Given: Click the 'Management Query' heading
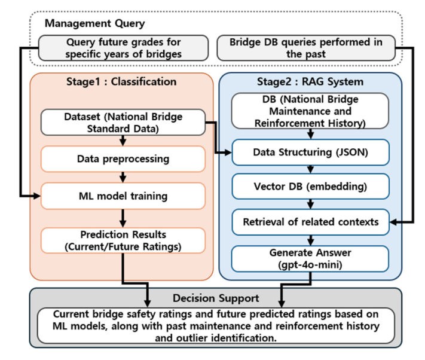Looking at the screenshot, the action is coord(94,23).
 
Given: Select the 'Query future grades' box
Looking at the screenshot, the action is coord(123,48).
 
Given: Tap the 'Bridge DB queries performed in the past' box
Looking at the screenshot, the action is coord(306,48).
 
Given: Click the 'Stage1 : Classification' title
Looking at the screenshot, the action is coord(121,81).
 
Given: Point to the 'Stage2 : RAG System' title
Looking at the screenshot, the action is coord(310,81).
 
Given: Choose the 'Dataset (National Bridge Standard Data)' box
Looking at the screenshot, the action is coord(123,122).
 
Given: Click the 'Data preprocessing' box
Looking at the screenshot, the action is coord(123,159).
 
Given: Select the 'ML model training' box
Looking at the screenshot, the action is coord(123,196).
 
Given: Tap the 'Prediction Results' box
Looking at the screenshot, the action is coord(123,240).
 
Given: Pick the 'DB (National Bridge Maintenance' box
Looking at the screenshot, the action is coord(310,111).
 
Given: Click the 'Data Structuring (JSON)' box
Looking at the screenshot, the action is coord(311,152).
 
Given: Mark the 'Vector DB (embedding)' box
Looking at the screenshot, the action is coord(311,187).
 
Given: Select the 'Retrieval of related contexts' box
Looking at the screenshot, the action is coord(311,222).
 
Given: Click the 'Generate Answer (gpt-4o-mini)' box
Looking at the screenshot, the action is coord(310,258).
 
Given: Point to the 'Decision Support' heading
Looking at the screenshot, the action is coord(216,298).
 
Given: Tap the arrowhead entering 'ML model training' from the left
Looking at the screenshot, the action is coord(37,196).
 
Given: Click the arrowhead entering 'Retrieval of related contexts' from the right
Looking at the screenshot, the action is coord(393,222).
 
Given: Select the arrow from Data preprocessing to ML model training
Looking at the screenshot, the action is coord(123,177).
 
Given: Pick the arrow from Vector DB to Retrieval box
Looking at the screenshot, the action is coord(311,204).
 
